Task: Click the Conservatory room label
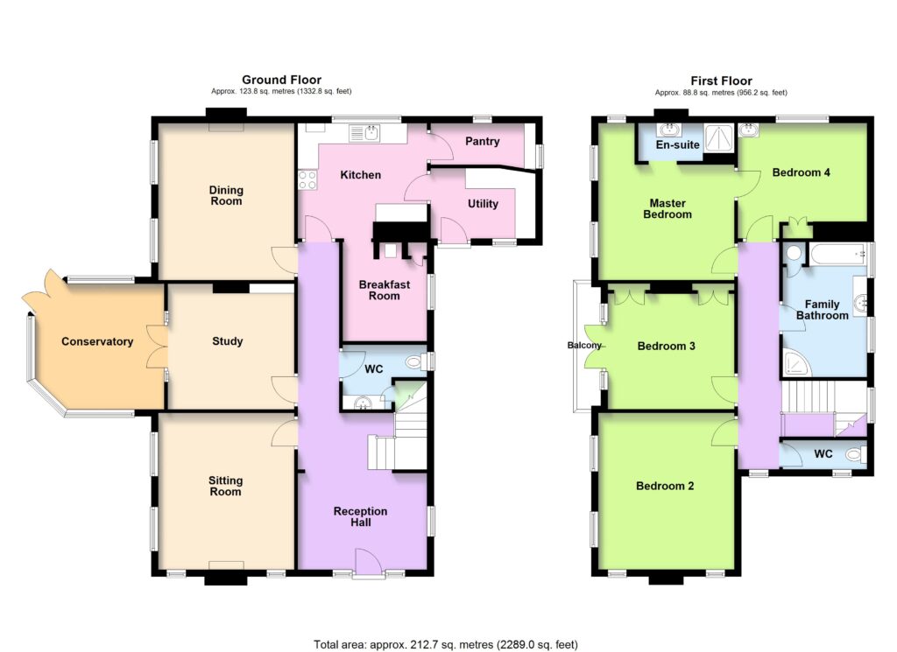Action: coord(97,341)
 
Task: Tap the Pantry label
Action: coord(483,141)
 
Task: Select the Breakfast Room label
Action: coord(384,291)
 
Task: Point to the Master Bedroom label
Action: coord(667,208)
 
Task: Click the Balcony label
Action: coord(584,345)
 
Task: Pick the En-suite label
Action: coord(678,144)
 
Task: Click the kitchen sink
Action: coord(364,134)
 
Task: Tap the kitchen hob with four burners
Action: coord(307,180)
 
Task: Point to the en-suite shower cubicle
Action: coord(718,137)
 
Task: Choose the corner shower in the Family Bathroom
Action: coord(795,363)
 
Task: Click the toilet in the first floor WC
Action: coord(855,454)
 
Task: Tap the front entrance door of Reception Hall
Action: coord(369,562)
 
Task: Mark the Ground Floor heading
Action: coord(281,80)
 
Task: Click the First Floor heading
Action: coord(722,81)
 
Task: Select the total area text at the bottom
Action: coord(446,645)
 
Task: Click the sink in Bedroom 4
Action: coord(748,130)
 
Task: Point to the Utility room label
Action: coord(483,203)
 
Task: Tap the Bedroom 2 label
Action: coord(665,486)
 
